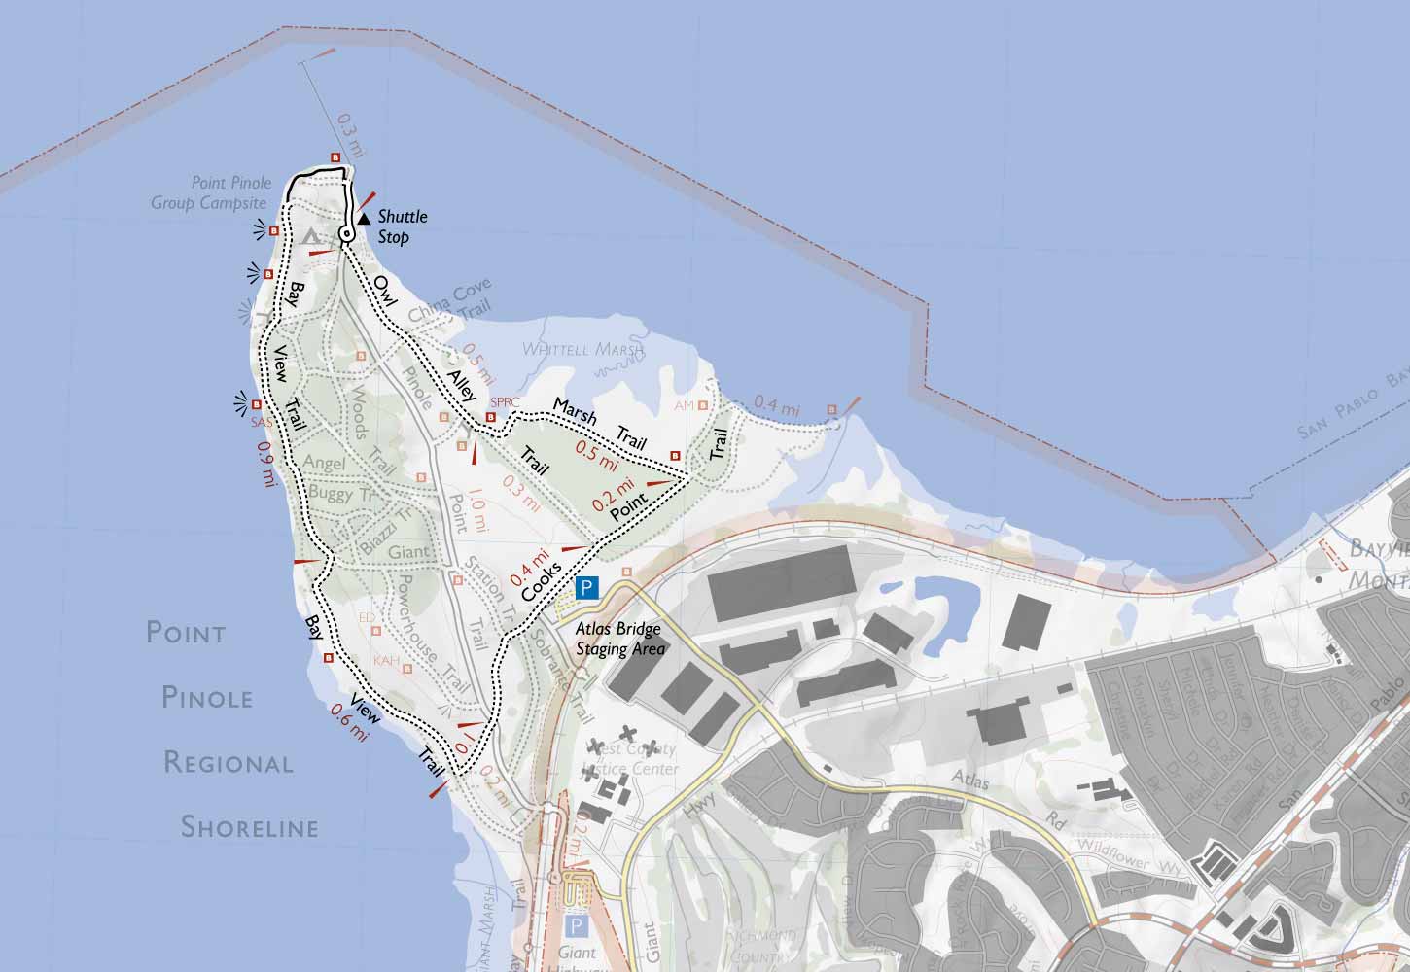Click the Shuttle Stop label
(402, 226)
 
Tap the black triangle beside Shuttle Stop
(363, 220)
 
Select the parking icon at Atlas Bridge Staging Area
(587, 587)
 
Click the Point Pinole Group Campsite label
(208, 192)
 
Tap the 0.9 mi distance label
(264, 464)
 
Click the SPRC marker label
(506, 401)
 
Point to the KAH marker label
(386, 662)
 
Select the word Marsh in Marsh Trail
(575, 411)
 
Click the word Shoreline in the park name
(250, 827)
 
